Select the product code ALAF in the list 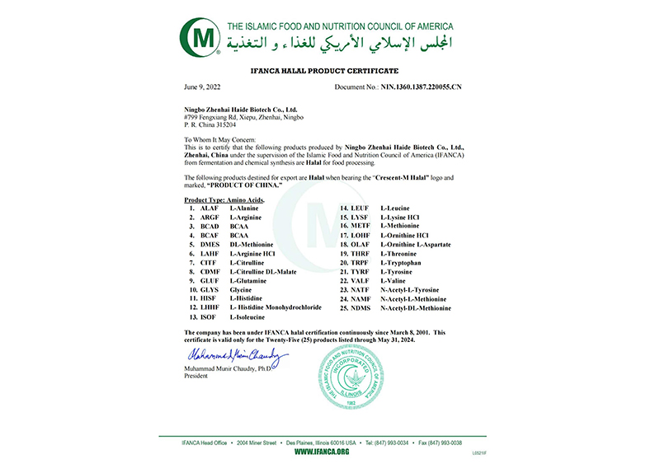[x=209, y=208]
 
